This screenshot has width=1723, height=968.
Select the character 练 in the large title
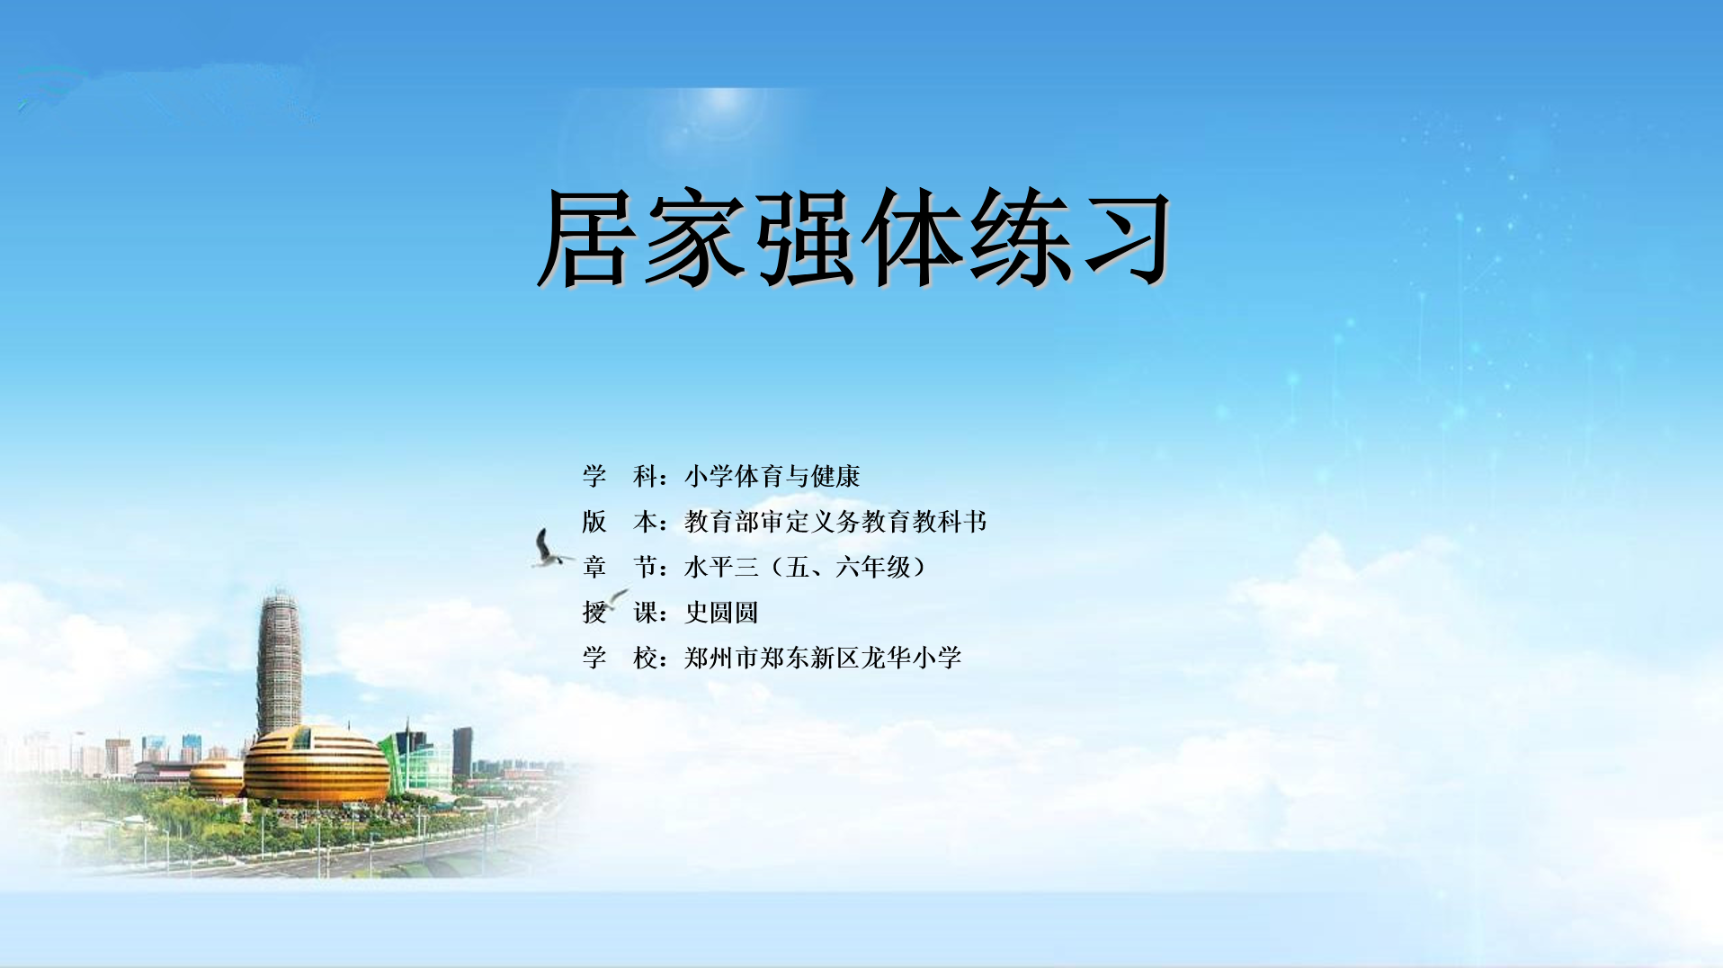(x=1018, y=238)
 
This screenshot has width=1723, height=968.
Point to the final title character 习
(x=1126, y=239)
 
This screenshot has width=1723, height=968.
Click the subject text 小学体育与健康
(x=772, y=476)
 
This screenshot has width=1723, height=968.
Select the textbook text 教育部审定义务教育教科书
(x=835, y=522)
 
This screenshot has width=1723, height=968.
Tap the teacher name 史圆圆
(x=721, y=613)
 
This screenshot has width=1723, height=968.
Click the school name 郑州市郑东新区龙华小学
(x=823, y=658)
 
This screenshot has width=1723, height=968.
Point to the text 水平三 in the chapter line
(x=721, y=567)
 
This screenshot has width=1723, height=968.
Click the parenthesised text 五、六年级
(x=848, y=567)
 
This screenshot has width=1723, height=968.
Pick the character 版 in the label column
(x=594, y=522)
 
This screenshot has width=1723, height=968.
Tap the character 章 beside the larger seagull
(x=594, y=567)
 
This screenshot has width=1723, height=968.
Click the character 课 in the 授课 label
(x=646, y=613)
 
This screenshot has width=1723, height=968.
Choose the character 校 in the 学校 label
(x=646, y=658)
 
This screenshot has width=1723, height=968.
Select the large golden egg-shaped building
(x=317, y=765)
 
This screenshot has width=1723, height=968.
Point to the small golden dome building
(x=216, y=778)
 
